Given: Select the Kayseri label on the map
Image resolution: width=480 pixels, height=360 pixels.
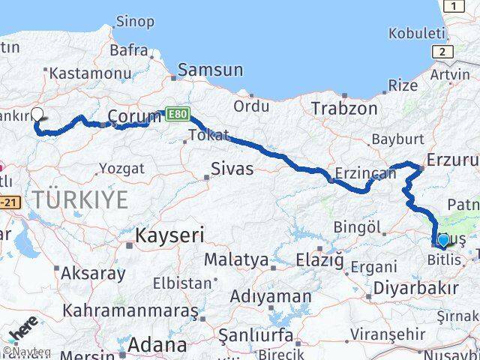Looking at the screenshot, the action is (169, 235).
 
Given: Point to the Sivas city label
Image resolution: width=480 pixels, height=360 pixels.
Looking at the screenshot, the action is (232, 168).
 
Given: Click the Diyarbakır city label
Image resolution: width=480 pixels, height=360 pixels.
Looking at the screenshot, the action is (426, 289).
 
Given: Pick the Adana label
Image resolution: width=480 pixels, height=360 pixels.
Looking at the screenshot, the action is (157, 345).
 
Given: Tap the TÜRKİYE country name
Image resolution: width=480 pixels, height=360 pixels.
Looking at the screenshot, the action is (80, 199).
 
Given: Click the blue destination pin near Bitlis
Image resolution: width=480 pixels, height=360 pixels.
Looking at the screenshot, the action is (442, 240).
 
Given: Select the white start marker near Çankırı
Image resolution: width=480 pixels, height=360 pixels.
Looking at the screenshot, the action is (37, 116).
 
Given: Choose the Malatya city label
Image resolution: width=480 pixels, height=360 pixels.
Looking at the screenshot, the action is (236, 260).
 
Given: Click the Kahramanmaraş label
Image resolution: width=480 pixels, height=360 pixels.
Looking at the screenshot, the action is (130, 310).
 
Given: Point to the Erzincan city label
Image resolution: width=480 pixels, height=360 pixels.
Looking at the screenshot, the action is (366, 173).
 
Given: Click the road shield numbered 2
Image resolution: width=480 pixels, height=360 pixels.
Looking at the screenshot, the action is (442, 51).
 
